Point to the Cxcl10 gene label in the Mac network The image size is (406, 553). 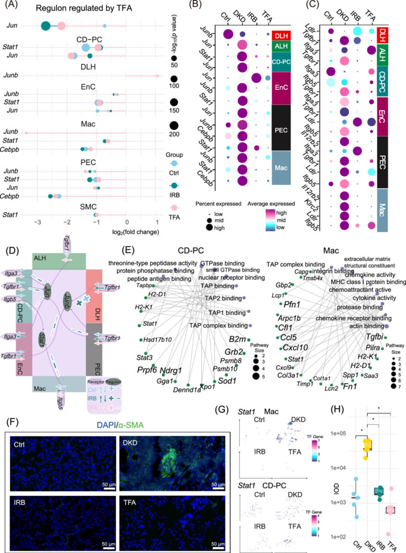[x=295, y=347]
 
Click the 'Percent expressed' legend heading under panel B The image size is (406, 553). [x=219, y=204]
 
